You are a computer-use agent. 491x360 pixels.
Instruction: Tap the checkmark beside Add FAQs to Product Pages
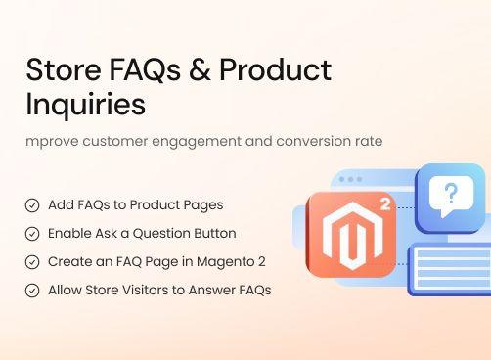[32, 205]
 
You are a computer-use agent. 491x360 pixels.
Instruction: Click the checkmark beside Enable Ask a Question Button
[32, 234]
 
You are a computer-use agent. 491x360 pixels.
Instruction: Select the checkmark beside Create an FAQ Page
[32, 262]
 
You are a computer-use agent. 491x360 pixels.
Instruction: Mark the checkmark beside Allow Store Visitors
[32, 291]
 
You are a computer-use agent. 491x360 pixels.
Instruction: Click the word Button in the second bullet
[214, 234]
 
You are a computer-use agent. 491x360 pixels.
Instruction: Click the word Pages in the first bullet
[202, 205]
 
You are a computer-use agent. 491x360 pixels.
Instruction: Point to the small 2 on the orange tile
[385, 206]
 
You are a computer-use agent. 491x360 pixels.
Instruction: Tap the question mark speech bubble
[450, 197]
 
